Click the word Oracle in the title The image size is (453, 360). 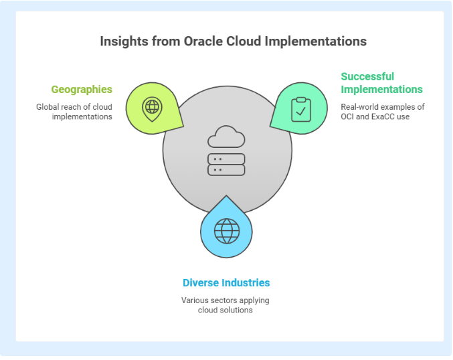tap(203, 41)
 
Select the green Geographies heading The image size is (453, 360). tap(82, 90)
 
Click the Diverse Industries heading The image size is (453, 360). tap(226, 282)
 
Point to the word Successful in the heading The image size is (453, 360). tap(367, 76)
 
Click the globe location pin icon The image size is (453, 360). tap(153, 109)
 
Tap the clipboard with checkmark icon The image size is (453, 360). tap(301, 109)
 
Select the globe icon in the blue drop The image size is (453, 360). tap(227, 231)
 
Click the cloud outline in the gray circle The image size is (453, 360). tap(226, 137)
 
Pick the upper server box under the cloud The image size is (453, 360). tap(226, 159)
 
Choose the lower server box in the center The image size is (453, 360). tap(226, 170)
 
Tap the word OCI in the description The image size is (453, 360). tap(347, 116)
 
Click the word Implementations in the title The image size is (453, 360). tap(316, 41)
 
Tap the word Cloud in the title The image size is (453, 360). tap(244, 41)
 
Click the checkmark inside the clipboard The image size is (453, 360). tap(301, 111)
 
